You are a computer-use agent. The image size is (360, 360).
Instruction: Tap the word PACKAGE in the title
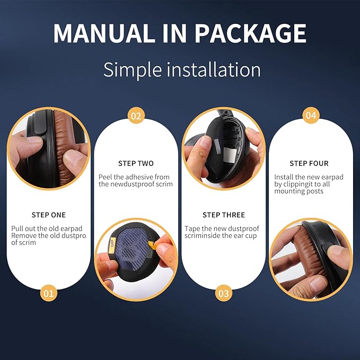[x=250, y=33]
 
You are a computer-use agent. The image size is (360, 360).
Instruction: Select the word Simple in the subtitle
[x=133, y=70]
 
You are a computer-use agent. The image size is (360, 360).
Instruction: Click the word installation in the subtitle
[x=214, y=69]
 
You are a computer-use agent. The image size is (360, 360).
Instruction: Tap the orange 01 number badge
[x=48, y=293]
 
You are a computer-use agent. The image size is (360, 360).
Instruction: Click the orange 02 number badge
[x=136, y=116]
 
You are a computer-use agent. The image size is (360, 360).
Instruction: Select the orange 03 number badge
[x=224, y=293]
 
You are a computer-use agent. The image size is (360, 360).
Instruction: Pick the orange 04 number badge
[x=311, y=116]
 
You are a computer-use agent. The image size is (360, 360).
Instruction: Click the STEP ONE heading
[x=49, y=215]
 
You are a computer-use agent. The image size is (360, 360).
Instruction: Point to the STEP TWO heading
[x=136, y=163]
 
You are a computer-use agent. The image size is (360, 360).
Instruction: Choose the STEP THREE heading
[x=224, y=215]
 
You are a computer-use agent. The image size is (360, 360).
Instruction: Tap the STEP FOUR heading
[x=309, y=163]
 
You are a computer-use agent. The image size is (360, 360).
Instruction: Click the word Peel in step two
[x=106, y=177]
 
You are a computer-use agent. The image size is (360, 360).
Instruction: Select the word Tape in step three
[x=192, y=229]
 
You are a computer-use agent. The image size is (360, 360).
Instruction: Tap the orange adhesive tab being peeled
[x=152, y=245]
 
